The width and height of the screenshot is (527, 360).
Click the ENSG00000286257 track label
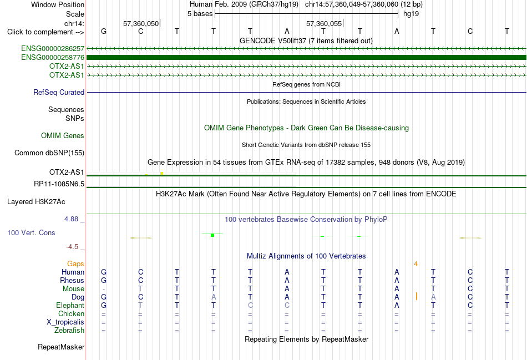pyautogui.click(x=53, y=49)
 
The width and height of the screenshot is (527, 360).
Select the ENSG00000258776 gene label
pyautogui.click(x=53, y=58)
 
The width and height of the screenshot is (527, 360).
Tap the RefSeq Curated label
pyautogui.click(x=59, y=93)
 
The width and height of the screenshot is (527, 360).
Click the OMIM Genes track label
pyautogui.click(x=63, y=136)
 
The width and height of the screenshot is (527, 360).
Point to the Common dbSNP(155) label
pyautogui.click(x=49, y=153)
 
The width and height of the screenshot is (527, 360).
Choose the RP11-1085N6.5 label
pyautogui.click(x=59, y=184)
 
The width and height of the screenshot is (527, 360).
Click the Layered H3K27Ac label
pyautogui.click(x=36, y=202)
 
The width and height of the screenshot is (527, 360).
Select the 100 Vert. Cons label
pyautogui.click(x=31, y=232)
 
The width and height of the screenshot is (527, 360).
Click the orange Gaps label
pyautogui.click(x=75, y=264)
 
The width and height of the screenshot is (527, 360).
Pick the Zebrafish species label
pyautogui.click(x=69, y=331)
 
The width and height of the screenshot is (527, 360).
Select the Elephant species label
pyautogui.click(x=70, y=306)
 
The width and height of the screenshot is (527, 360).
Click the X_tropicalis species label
pyautogui.click(x=65, y=322)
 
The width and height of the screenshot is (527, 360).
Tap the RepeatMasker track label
pyautogui.click(x=61, y=347)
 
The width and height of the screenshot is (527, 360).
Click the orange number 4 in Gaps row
pyautogui.click(x=415, y=264)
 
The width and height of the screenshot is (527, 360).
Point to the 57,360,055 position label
pyautogui.click(x=324, y=23)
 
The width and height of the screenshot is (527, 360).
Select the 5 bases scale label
pyautogui.click(x=200, y=14)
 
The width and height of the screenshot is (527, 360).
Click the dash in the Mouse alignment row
pyautogui.click(x=104, y=289)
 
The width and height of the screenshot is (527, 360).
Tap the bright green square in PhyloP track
pyautogui.click(x=212, y=235)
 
